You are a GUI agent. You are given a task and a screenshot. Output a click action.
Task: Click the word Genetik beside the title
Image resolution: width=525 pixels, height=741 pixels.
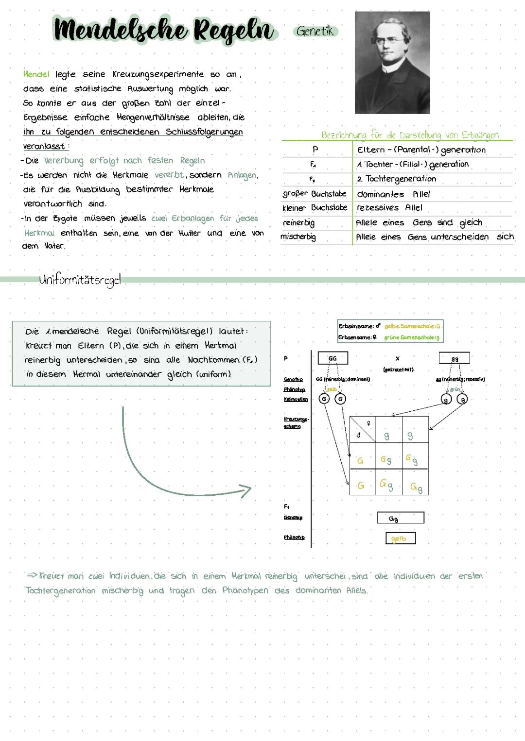(x=315, y=31)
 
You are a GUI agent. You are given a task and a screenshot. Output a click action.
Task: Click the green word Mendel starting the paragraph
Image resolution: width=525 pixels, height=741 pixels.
(x=36, y=74)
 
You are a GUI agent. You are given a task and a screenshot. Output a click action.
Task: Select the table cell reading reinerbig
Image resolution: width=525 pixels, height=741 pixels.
(x=298, y=223)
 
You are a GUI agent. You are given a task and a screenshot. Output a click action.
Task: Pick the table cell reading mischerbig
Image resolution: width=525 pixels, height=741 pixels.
(x=298, y=237)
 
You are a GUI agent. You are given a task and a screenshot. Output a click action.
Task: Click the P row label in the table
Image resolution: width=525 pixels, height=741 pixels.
(x=315, y=149)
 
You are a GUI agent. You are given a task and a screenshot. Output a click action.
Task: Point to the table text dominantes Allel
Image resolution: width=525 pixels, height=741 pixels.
(x=393, y=194)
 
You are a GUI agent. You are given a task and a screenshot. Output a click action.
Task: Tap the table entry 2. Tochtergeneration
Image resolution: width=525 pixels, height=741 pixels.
(x=396, y=179)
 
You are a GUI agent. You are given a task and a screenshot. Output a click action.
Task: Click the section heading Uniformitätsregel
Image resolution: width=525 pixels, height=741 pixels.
(x=80, y=280)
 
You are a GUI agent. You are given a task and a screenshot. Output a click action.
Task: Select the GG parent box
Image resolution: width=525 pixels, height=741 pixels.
(x=332, y=358)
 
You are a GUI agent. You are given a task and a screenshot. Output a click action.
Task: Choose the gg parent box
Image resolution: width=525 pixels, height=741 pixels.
(x=455, y=358)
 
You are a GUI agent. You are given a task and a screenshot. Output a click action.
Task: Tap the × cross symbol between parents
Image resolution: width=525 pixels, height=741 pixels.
(x=398, y=358)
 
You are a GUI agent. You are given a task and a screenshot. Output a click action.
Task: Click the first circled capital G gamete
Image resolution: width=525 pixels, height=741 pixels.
(x=324, y=399)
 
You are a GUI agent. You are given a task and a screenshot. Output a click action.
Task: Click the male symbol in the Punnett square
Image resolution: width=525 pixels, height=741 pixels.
(x=359, y=436)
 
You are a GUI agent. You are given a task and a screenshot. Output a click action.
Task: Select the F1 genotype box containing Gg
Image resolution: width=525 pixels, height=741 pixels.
(x=400, y=518)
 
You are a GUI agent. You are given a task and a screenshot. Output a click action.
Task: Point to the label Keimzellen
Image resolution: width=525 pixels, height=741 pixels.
(x=296, y=399)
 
